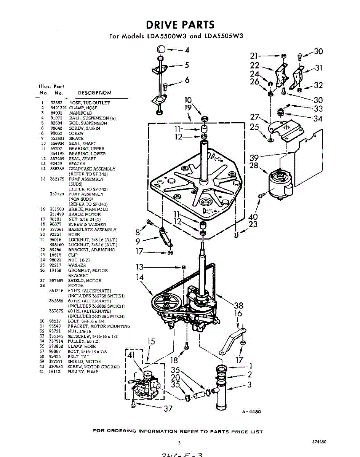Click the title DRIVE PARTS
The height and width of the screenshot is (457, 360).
pos(180,25)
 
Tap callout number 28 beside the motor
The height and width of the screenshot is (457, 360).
pos(254,166)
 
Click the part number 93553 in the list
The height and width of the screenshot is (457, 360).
pos(56,103)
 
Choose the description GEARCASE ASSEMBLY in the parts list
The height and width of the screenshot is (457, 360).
pos(92,169)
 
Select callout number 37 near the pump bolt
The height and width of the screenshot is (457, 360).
pos(168,409)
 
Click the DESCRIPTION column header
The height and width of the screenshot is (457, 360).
pos(94,93)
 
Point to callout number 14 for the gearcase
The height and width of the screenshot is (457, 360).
pos(140,278)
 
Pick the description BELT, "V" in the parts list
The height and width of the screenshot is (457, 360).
pos(78,357)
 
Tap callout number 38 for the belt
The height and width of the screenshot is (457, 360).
pos(238,305)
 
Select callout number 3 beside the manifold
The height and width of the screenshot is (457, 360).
pos(249,385)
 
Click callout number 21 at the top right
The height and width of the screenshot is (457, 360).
pos(254,55)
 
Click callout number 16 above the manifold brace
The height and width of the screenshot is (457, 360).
pos(238,313)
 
